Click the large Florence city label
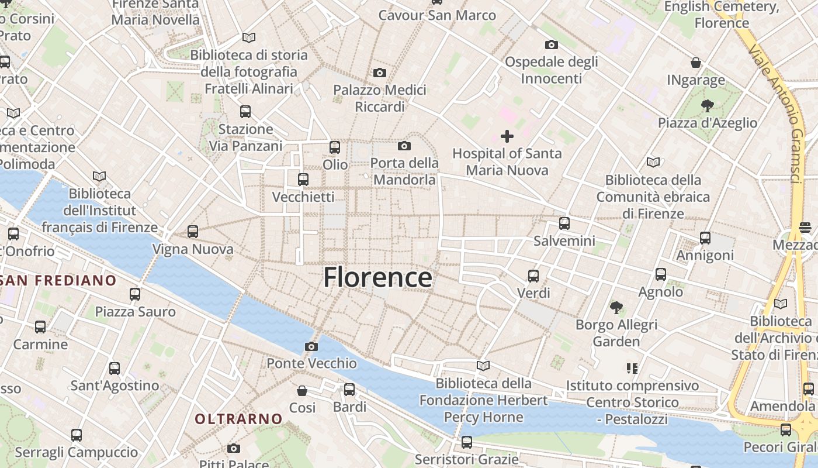(x=377, y=277)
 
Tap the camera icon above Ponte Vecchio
(x=311, y=346)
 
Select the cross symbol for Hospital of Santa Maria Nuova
(x=507, y=136)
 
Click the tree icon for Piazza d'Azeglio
(x=708, y=106)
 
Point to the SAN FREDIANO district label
(x=58, y=280)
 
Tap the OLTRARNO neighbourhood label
(x=238, y=419)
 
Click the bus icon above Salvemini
(x=564, y=223)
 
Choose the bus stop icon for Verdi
(x=533, y=276)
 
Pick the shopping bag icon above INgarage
(x=696, y=63)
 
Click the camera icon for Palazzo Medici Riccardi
(x=380, y=73)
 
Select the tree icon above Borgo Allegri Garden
(x=616, y=307)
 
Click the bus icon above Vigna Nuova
(x=193, y=232)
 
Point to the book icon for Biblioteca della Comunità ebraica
(x=653, y=162)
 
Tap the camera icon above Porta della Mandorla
(x=404, y=146)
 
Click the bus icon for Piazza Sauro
(x=135, y=294)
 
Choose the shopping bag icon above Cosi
(x=302, y=390)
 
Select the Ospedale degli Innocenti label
(x=551, y=70)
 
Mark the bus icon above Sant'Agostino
(x=115, y=369)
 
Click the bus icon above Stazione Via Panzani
(x=245, y=111)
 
